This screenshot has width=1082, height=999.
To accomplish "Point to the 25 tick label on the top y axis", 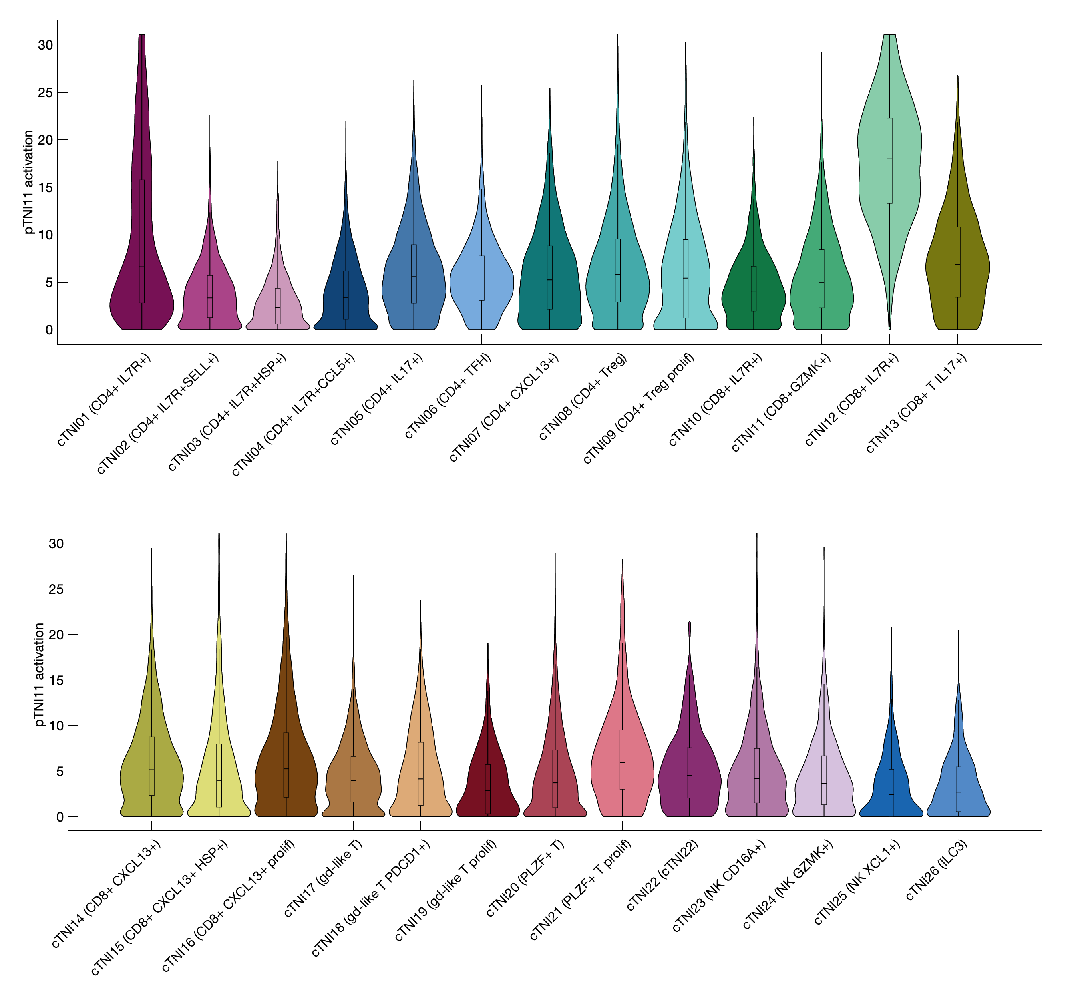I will tap(46, 92).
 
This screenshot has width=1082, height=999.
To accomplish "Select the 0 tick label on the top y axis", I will tap(49, 330).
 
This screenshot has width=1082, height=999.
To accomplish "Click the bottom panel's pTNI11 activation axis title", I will tap(39, 675).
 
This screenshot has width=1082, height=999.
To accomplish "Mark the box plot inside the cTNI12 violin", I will tap(889, 161).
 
